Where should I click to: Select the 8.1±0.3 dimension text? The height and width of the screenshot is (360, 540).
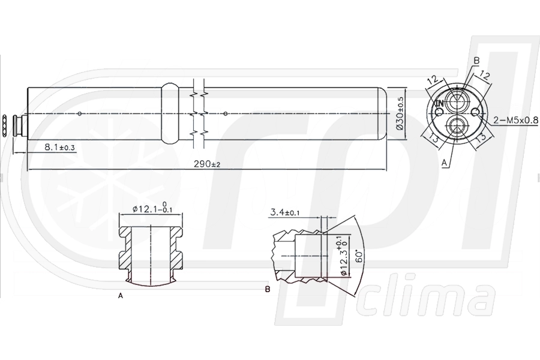(58, 146)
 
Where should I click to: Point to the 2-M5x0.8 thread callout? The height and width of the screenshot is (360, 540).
(515, 121)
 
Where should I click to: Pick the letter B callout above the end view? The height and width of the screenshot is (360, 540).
(476, 61)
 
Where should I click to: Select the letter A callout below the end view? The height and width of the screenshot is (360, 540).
(444, 162)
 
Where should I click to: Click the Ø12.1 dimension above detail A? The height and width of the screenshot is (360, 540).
(149, 209)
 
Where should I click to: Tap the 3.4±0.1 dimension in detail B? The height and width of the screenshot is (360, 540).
(287, 212)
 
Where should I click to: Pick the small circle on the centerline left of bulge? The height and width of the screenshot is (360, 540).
(80, 113)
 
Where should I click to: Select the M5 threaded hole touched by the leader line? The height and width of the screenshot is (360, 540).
(475, 112)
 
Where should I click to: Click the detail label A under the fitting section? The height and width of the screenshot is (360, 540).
(121, 296)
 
